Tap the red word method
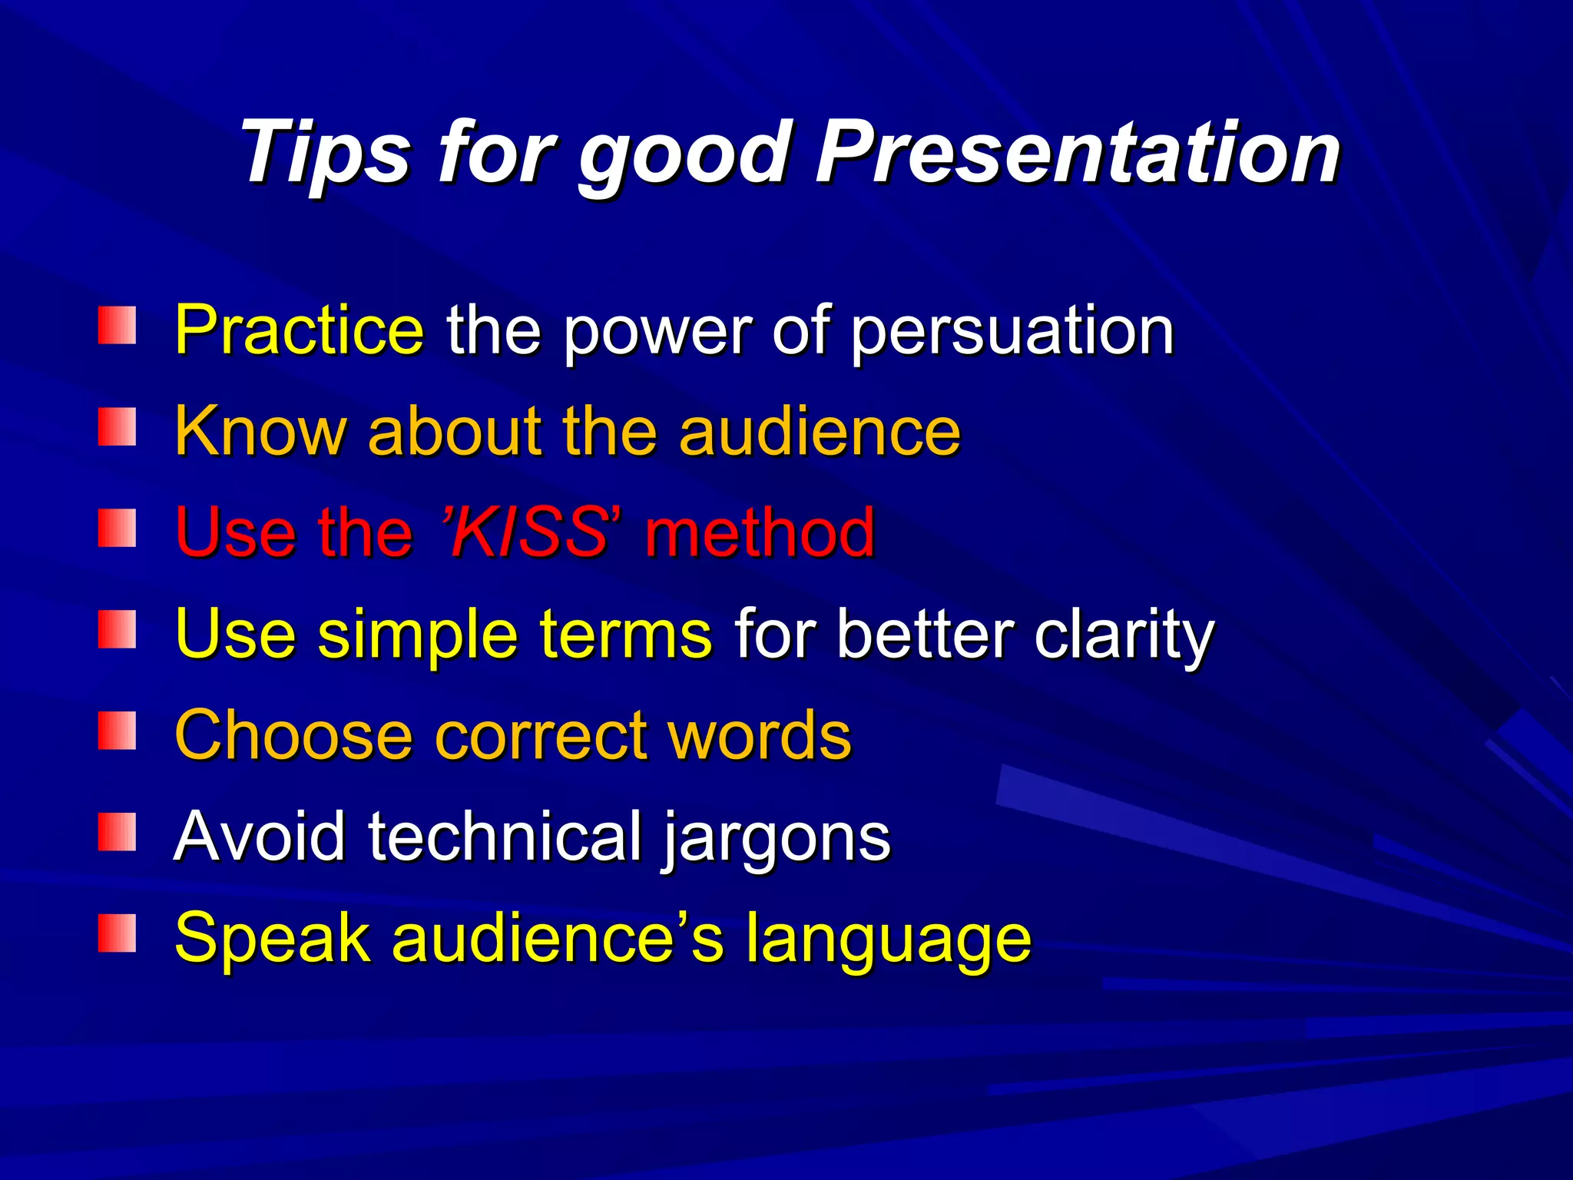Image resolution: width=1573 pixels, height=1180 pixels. (760, 532)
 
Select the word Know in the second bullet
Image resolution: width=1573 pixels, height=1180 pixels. (260, 431)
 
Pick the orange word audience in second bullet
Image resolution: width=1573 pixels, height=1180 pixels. (820, 431)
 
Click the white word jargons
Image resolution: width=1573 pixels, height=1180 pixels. (776, 840)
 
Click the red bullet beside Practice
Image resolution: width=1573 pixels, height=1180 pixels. (117, 326)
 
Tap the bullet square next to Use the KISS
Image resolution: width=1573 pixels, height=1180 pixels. (117, 529)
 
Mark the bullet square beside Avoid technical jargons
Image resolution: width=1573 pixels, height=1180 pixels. (117, 833)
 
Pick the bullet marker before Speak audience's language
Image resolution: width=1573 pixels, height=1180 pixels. (117, 934)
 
